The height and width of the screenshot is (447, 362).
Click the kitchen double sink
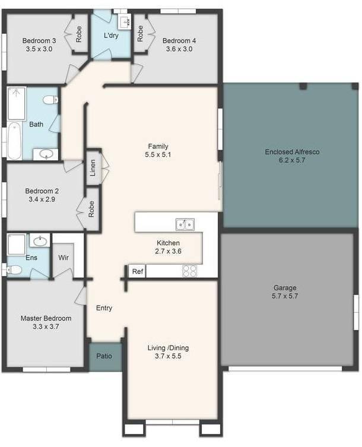[185, 224]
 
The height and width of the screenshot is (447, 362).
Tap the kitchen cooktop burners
[189, 271]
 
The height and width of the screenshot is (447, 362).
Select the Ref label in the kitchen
[138, 271]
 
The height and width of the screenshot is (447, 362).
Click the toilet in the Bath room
[50, 100]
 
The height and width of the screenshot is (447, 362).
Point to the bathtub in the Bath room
[14, 141]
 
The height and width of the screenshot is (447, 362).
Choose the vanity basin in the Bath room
[46, 154]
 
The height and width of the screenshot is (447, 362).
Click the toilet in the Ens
[14, 270]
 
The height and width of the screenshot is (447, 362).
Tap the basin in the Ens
[40, 242]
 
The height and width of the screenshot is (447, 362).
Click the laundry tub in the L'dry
[124, 21]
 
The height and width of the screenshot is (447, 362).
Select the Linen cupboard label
[93, 167]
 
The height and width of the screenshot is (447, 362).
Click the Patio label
[104, 356]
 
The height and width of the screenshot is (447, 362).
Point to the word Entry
[104, 308]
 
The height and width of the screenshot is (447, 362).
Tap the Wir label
[63, 258]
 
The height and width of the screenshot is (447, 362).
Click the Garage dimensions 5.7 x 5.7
[285, 296]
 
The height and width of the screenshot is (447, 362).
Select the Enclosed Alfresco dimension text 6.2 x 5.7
[292, 160]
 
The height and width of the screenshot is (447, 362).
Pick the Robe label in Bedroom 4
[140, 34]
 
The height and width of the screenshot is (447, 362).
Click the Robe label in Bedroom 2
[91, 209]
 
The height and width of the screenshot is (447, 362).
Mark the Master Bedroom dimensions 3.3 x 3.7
[46, 326]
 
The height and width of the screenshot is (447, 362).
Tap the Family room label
[158, 146]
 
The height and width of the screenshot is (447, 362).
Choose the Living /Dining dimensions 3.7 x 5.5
[168, 356]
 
